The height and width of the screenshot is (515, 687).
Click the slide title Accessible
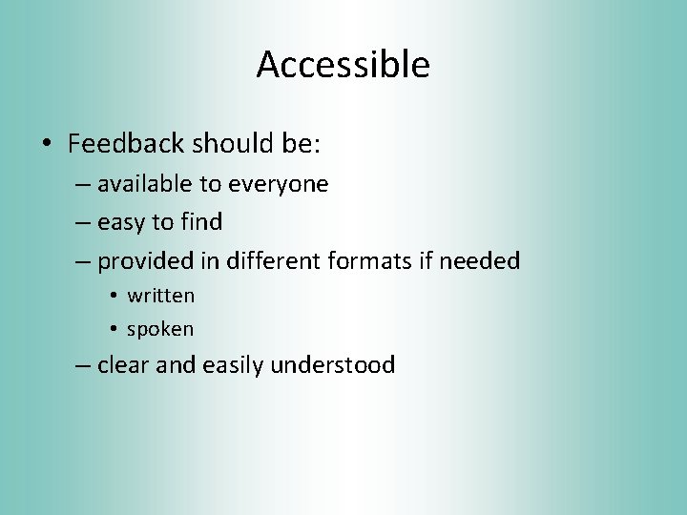[343, 65]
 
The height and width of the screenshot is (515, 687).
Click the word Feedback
[125, 144]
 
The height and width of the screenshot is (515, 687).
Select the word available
[147, 183]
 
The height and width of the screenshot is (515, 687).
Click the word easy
[121, 222]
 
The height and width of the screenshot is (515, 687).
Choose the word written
[160, 296]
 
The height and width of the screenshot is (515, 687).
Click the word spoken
[160, 329]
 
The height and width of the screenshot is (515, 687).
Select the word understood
[333, 364]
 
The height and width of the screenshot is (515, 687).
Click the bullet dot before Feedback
[47, 146]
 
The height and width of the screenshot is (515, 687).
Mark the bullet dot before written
[113, 297]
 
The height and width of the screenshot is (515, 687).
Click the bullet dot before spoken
[113, 330]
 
